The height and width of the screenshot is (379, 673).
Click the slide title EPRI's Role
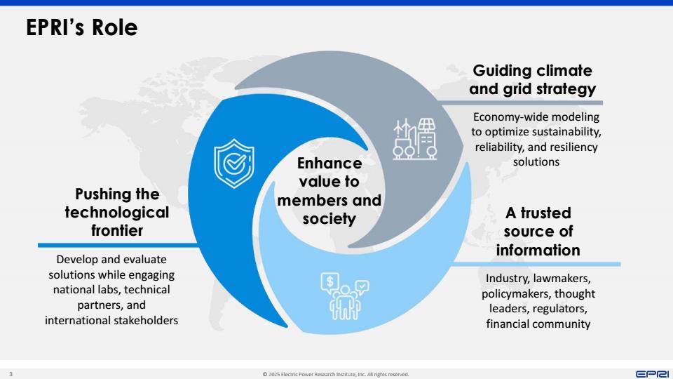81,27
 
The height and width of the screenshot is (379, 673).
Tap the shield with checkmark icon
234,164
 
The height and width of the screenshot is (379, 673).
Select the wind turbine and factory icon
414,139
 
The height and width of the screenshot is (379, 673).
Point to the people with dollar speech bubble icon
345,296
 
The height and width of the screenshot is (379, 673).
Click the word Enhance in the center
329,164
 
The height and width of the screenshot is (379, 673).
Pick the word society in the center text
329,219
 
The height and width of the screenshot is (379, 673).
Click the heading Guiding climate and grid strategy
532,79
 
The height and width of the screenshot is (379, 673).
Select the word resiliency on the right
573,147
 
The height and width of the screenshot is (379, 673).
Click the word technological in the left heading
117,212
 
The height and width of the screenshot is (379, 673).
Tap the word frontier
117,230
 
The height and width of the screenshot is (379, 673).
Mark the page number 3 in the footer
11,374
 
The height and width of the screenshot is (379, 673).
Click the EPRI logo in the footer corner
652,374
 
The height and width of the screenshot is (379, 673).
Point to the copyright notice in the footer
336,374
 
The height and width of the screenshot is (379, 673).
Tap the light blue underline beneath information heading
536,264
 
